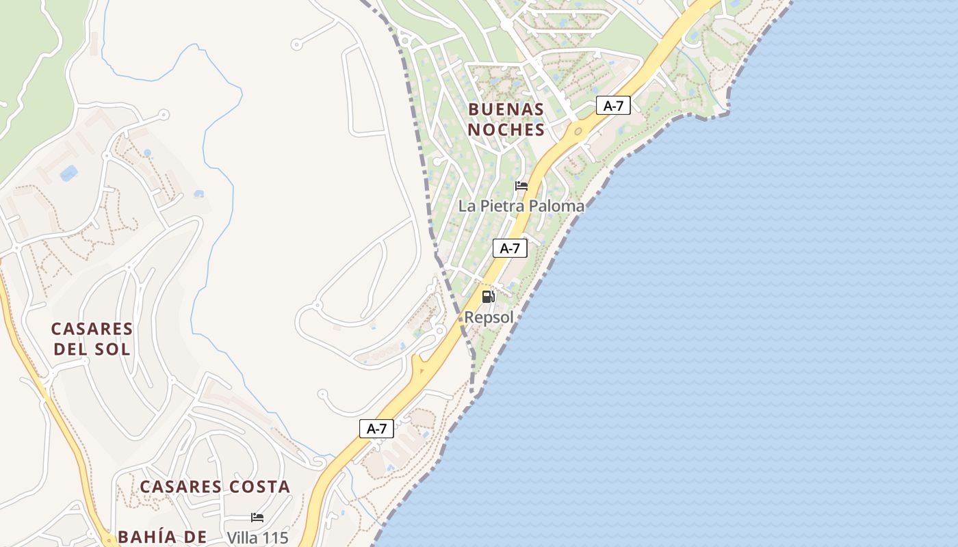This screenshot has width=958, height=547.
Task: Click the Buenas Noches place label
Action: click(x=506, y=120)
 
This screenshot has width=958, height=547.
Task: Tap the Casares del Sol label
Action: click(x=92, y=339)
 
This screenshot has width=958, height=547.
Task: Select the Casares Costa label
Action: click(x=215, y=487)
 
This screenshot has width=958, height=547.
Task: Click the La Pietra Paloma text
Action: click(x=521, y=206)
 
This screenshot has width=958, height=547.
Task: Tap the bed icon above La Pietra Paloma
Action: click(x=521, y=186)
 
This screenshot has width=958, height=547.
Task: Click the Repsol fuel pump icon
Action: click(x=488, y=297)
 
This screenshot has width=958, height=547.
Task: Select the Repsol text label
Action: click(x=489, y=317)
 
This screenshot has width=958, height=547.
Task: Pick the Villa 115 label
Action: click(x=257, y=537)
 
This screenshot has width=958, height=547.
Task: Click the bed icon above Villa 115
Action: click(x=257, y=518)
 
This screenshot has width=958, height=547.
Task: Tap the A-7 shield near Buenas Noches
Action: click(x=613, y=105)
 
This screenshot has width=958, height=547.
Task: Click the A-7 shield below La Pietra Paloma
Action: click(x=510, y=248)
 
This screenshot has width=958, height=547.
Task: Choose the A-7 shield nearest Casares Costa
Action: click(x=376, y=429)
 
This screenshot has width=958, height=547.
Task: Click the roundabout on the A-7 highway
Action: click(x=578, y=130)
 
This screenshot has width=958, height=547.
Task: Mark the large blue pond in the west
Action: click(x=68, y=173)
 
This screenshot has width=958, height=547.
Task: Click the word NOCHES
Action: click(x=506, y=130)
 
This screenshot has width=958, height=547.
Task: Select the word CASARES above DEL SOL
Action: click(x=92, y=329)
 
